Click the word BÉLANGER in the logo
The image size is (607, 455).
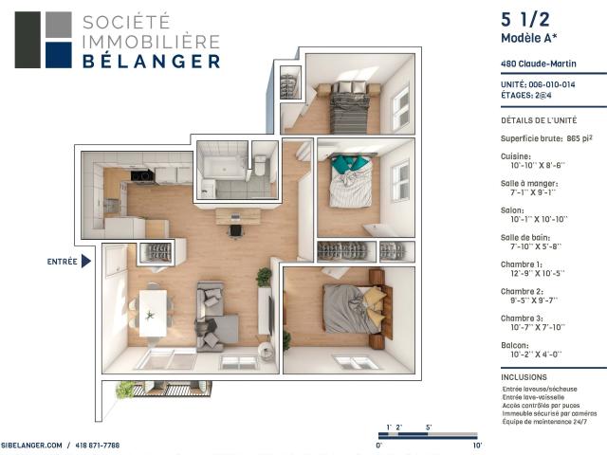point(152,62)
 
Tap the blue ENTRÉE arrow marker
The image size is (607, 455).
point(85,261)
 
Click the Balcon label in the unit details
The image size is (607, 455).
point(516,345)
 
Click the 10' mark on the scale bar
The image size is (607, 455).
point(477,445)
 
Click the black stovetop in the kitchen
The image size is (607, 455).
point(141,175)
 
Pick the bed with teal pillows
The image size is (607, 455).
point(350,180)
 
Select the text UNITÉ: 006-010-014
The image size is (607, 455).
point(537,84)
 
